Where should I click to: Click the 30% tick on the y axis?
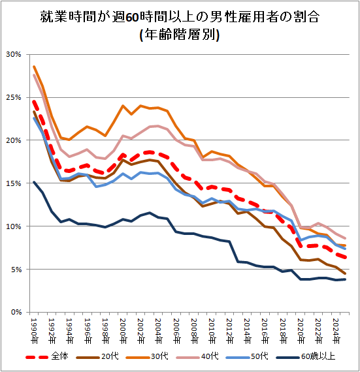[x=14, y=54]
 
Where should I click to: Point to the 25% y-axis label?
[x=14, y=97]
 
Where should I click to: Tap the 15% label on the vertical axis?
[x=14, y=183]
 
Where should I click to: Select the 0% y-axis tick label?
[x=16, y=312]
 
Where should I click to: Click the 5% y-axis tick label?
[x=16, y=270]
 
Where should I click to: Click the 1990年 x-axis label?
[x=34, y=331]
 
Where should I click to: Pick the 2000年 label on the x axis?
[x=123, y=331]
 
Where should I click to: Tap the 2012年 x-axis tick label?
[x=229, y=331]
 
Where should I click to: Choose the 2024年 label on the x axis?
[x=336, y=331]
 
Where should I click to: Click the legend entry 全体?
[x=47, y=356]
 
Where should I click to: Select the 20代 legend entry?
[x=97, y=356]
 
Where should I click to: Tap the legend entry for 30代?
[x=147, y=356]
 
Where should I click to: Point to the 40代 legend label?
[x=197, y=356]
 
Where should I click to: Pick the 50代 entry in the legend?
[x=247, y=356]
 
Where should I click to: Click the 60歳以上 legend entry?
[x=306, y=356]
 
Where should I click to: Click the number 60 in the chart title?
[x=132, y=18]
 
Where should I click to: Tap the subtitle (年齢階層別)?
[x=180, y=35]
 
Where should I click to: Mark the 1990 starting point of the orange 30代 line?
[x=34, y=67]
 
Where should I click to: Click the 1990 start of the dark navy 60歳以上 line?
[x=34, y=182]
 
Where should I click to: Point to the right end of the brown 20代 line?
[x=345, y=273]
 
